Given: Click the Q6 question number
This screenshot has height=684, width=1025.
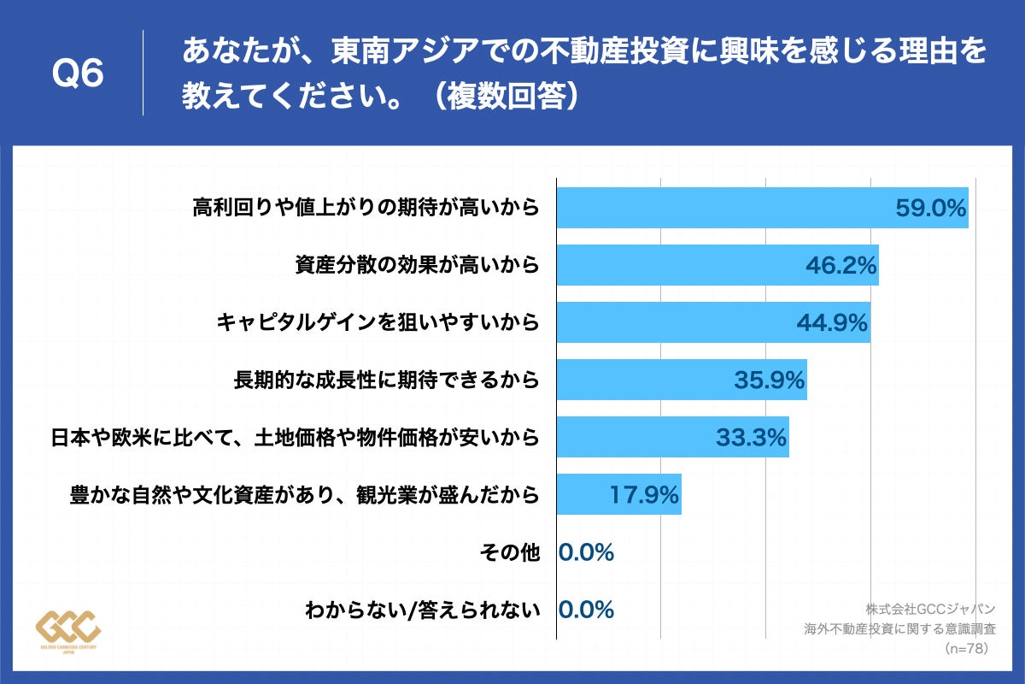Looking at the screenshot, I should (x=78, y=74).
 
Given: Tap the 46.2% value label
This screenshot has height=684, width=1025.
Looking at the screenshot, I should (x=841, y=265).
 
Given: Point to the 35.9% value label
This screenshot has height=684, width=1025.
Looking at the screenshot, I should (x=769, y=380).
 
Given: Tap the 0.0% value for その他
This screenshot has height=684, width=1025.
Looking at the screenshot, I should (x=586, y=553).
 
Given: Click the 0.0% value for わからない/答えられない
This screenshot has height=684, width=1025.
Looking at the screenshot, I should (x=586, y=610).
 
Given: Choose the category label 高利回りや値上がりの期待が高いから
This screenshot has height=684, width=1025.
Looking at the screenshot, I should (x=366, y=207).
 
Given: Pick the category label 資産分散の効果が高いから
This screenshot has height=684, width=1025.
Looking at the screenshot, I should (x=417, y=265).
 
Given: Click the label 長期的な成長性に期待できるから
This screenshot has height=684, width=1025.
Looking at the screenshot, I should (x=387, y=380).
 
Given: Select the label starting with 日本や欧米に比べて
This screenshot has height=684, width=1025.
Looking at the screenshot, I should (x=296, y=439).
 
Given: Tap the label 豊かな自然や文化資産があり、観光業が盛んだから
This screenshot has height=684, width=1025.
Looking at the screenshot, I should (x=305, y=496).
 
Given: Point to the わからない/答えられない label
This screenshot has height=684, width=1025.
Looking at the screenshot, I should (x=423, y=610).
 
